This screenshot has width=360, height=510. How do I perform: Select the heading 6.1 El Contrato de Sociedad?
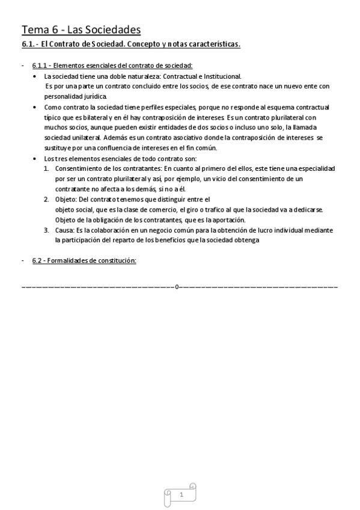(x=130, y=45)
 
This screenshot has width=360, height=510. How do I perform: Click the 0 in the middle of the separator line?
(x=177, y=287)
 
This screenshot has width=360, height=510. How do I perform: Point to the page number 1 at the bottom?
(x=181, y=494)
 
